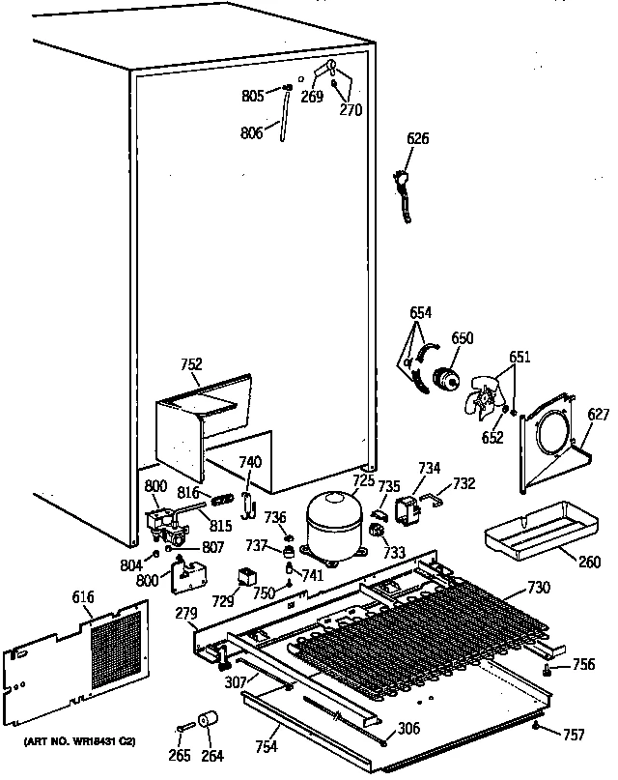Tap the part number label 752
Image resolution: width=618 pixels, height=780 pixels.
(191, 364)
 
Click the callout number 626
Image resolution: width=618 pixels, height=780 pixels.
(417, 139)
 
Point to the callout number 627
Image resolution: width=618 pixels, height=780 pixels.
(599, 417)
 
